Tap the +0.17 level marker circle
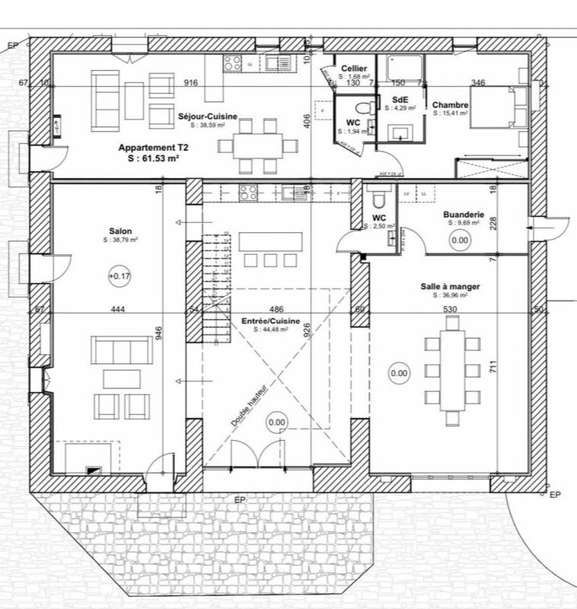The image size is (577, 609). (120, 276)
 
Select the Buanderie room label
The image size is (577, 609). (464, 215)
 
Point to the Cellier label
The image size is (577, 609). (355, 69)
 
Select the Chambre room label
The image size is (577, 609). (450, 105)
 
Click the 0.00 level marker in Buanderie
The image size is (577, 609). (460, 241)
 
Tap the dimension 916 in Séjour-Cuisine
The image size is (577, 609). (190, 83)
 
